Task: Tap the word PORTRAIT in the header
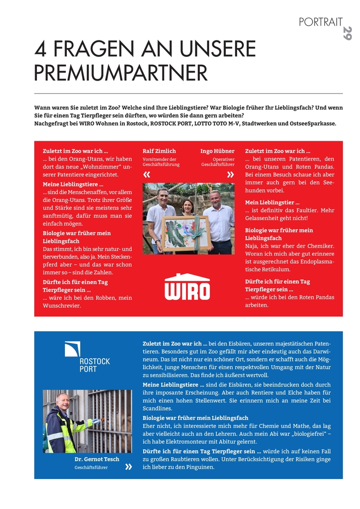tap(321, 21)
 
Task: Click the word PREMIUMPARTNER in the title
tap(121, 73)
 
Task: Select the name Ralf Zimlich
tap(159, 151)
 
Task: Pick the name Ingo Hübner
tap(217, 151)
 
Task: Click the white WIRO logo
tap(187, 287)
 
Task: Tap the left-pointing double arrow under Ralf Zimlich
tap(147, 175)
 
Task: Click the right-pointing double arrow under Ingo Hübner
tap(231, 175)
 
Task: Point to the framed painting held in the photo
tap(185, 233)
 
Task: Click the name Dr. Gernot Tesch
tap(97, 459)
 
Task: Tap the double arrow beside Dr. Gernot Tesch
tap(129, 467)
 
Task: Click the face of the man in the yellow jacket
tap(63, 402)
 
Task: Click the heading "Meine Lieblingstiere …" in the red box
tap(73, 184)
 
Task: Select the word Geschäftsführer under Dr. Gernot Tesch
tap(91, 467)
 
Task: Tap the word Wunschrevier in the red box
tap(62, 305)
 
